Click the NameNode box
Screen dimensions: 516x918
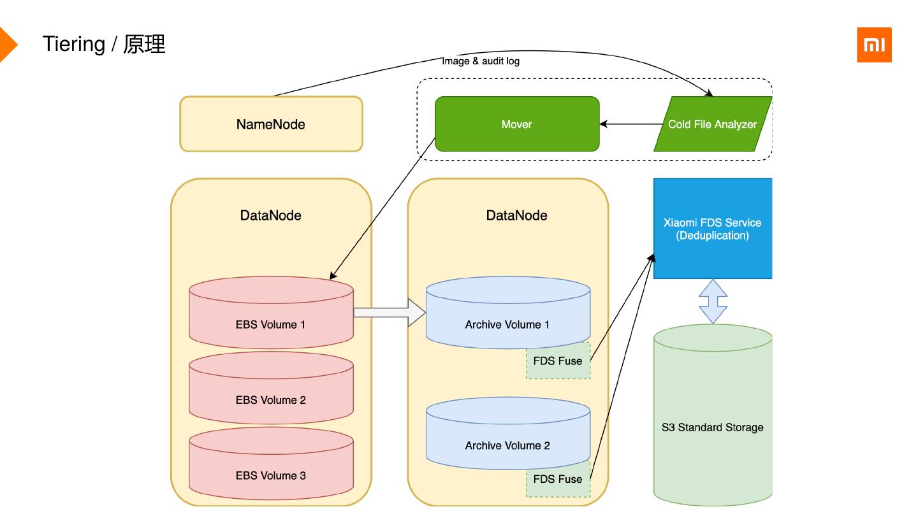tap(271, 124)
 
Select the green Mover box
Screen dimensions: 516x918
tap(516, 124)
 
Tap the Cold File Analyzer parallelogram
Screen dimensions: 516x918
tap(712, 124)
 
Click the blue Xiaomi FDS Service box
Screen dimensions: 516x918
tap(713, 229)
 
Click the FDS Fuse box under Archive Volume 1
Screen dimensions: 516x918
tap(558, 361)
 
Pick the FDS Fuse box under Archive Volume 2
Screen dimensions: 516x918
tap(558, 480)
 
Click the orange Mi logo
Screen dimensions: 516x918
tap(874, 45)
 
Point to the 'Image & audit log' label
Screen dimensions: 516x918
tap(481, 61)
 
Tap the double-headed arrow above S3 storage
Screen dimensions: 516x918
tap(713, 301)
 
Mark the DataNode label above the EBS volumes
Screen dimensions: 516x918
tap(271, 215)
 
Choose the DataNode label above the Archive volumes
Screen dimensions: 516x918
tap(516, 215)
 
